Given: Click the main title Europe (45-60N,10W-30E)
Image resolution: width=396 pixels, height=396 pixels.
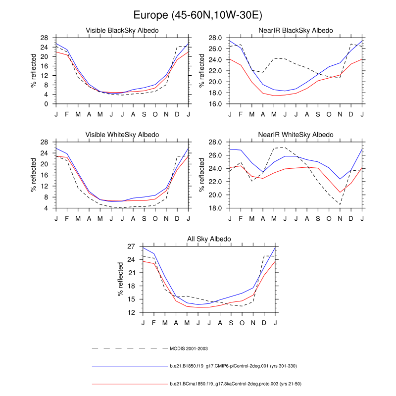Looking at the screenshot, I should [x=198, y=15].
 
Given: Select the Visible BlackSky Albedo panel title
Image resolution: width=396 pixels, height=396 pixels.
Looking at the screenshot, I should [x=122, y=31].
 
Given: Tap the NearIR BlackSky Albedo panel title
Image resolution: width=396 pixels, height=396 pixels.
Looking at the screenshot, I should [x=296, y=31].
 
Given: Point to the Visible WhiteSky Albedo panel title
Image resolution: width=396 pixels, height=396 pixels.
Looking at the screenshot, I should [x=122, y=135].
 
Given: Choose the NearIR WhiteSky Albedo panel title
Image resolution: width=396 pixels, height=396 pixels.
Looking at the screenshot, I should [x=296, y=135].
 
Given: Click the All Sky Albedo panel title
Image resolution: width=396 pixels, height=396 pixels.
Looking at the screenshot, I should [x=209, y=240].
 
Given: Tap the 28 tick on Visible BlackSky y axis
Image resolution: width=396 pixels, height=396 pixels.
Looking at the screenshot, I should [x=44, y=38].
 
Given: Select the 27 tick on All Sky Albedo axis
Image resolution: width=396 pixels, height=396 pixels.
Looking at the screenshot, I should [x=131, y=246].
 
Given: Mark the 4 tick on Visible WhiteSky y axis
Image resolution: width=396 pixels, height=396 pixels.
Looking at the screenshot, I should [x=46, y=208].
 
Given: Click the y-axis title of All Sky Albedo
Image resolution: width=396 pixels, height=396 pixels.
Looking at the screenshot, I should [x=120, y=279].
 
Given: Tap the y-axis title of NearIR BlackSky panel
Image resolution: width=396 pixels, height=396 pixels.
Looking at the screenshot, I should [x=202, y=71].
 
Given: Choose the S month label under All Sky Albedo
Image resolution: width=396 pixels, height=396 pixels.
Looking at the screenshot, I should [x=232, y=323].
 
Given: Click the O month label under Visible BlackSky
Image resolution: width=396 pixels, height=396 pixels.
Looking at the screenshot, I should [x=155, y=115].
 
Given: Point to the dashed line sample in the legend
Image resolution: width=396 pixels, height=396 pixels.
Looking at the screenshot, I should [x=129, y=349].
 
